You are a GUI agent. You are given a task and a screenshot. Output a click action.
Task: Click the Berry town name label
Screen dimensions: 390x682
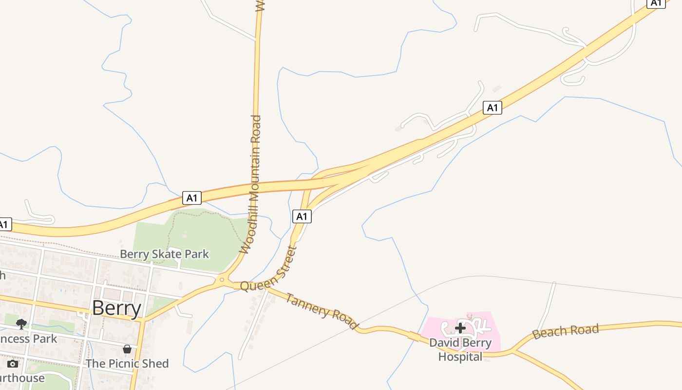pyautogui.click(x=116, y=308)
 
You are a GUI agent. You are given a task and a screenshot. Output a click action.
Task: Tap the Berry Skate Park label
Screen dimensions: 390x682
pyautogui.click(x=164, y=254)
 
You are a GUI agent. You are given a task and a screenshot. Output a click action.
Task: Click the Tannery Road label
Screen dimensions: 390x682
pyautogui.click(x=322, y=311)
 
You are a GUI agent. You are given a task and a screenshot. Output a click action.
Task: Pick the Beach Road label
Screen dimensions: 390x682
pyautogui.click(x=565, y=331)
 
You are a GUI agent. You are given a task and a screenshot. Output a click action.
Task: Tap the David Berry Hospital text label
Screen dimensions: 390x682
pyautogui.click(x=460, y=350)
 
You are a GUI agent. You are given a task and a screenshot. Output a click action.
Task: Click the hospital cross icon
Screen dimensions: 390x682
pyautogui.click(x=460, y=328)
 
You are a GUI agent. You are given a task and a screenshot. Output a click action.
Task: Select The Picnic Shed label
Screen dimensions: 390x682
pyautogui.click(x=127, y=363)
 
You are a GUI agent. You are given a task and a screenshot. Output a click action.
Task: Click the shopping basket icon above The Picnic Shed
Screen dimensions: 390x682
pyautogui.click(x=127, y=349)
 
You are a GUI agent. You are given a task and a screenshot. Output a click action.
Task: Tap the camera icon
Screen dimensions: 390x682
pyautogui.click(x=13, y=364)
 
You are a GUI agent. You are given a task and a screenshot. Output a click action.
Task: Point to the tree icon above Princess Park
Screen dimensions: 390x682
pyautogui.click(x=21, y=324)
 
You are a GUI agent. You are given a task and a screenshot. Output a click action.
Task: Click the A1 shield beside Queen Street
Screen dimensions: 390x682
pyautogui.click(x=302, y=216)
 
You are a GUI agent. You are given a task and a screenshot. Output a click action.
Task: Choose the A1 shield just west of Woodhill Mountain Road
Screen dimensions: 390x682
pyautogui.click(x=192, y=198)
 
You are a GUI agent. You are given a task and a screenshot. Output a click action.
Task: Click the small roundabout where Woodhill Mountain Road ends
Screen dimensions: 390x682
pyautogui.click(x=222, y=280)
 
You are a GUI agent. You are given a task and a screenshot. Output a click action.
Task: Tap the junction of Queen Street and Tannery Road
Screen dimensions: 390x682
pyautogui.click(x=266, y=288)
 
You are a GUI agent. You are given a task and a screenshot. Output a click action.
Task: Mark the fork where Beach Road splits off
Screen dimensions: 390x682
pyautogui.click(x=513, y=350)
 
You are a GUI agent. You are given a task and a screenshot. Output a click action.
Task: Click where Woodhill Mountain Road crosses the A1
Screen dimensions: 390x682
pyautogui.click(x=255, y=187)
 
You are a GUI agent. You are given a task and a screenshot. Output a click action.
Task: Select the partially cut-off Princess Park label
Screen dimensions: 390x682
pyautogui.click(x=28, y=338)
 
